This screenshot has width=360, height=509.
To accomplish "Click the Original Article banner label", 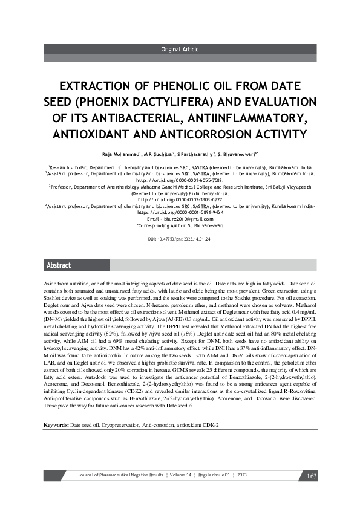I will tap(180, 50).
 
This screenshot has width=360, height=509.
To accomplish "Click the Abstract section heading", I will tap(59, 265).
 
